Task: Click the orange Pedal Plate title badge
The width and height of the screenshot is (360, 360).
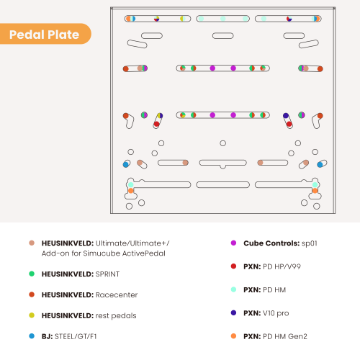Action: [45, 34]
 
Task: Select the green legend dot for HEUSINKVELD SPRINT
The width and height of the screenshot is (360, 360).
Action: [32, 274]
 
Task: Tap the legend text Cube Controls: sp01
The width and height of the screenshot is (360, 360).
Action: [280, 243]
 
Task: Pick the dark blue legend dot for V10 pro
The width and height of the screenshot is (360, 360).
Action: [233, 312]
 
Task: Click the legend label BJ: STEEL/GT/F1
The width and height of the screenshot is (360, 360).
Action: [69, 336]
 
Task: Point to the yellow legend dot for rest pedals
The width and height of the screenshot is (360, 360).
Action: [32, 315]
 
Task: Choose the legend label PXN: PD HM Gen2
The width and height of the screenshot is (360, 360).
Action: [275, 336]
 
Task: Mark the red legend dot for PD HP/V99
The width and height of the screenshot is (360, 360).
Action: [233, 266]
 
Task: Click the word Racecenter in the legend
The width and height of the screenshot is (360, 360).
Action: [117, 294]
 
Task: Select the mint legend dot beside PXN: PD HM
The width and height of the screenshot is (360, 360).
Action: [233, 289]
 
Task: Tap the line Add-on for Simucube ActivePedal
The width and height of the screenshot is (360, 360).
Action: [104, 253]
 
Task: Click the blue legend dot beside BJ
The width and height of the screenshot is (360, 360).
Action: [32, 336]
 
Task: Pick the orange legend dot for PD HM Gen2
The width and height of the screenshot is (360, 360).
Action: [233, 336]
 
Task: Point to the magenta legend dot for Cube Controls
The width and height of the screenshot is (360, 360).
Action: [233, 243]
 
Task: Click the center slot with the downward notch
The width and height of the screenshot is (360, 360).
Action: [222, 163]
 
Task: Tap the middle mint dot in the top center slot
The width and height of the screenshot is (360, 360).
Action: [223, 19]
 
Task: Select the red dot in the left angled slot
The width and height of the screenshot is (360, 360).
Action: [156, 124]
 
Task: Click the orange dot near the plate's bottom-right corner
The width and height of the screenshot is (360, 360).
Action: [315, 191]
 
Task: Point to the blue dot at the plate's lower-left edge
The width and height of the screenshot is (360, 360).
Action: [126, 164]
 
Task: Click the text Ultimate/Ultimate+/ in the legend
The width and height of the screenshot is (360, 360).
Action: [132, 243]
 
